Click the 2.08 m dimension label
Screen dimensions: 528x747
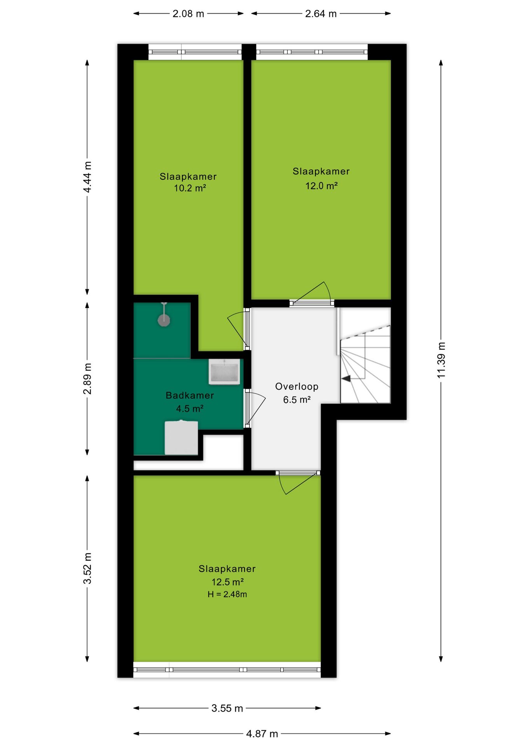point(188,14)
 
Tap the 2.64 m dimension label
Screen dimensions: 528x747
point(321,14)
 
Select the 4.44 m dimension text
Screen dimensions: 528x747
point(87,177)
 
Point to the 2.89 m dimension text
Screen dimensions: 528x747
point(87,379)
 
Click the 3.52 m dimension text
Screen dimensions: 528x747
point(87,568)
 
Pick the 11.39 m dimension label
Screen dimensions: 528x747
point(441,360)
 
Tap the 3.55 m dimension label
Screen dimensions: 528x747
point(227,708)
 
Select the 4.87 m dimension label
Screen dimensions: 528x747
point(262,734)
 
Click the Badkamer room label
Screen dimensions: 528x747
point(190,395)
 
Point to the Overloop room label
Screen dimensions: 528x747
point(297,386)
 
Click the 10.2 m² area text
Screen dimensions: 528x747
point(189,188)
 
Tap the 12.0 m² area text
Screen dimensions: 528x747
point(321,186)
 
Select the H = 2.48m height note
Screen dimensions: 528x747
point(227,594)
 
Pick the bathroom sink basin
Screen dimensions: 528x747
point(224,372)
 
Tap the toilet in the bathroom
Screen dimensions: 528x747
point(181,437)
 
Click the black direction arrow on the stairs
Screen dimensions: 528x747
point(346,378)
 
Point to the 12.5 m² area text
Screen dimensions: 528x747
point(227,582)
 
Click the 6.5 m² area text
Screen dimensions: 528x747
point(297,400)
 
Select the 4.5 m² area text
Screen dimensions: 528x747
point(190,409)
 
